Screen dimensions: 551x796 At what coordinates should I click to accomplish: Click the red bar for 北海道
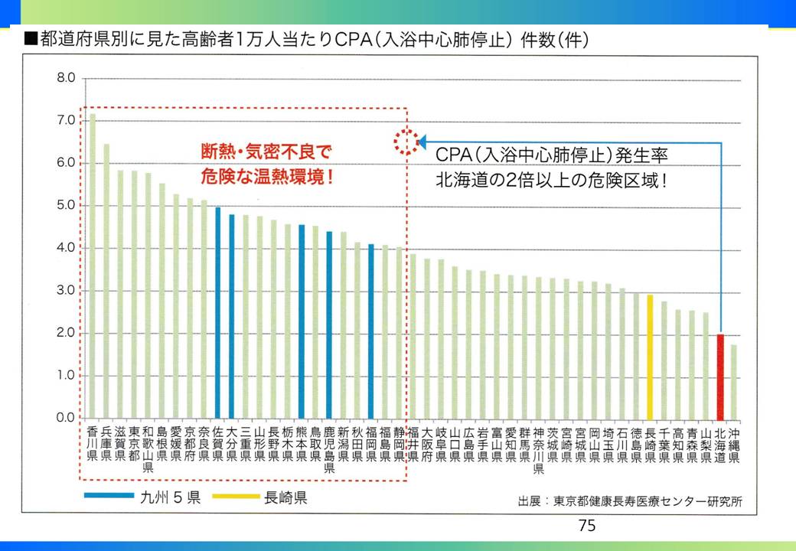click(x=720, y=376)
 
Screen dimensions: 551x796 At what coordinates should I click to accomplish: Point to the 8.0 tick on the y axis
click(x=66, y=78)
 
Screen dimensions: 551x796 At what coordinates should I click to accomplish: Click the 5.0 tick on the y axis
click(x=66, y=206)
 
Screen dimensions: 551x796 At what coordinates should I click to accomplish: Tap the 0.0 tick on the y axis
click(x=66, y=419)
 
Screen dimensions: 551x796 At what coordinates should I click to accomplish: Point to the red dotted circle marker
click(x=403, y=142)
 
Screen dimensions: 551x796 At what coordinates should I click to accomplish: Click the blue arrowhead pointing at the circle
click(x=420, y=142)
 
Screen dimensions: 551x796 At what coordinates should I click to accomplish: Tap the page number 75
click(x=587, y=525)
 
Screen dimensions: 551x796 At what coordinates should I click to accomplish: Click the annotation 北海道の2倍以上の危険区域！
click(x=550, y=183)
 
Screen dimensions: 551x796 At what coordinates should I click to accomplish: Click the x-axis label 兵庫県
click(x=106, y=444)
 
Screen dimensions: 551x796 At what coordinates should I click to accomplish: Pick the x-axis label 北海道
click(x=720, y=444)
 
